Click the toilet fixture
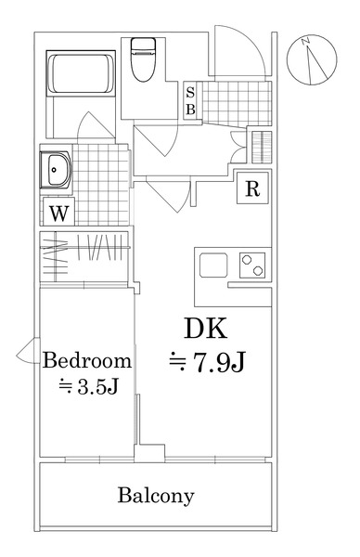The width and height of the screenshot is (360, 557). pyautogui.click(x=143, y=59)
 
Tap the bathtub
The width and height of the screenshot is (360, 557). pyautogui.click(x=81, y=73)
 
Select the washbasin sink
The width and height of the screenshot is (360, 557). pyautogui.click(x=57, y=170)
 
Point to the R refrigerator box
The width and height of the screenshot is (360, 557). pyautogui.click(x=252, y=188)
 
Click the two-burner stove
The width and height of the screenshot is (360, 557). pyautogui.click(x=252, y=265)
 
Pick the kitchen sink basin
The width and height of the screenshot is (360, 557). pyautogui.click(x=213, y=265)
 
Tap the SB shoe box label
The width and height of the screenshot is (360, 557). pyautogui.click(x=190, y=101)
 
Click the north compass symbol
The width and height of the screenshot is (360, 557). pyautogui.click(x=312, y=60)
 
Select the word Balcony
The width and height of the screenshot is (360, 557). pyautogui.click(x=156, y=496)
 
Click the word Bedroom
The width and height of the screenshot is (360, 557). pyautogui.click(x=87, y=360)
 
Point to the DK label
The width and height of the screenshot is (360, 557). pyautogui.click(x=205, y=329)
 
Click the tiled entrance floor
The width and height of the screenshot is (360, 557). pyautogui.click(x=236, y=103)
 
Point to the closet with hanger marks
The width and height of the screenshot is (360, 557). pyautogui.click(x=84, y=257)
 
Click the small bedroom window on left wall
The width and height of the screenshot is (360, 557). pyautogui.click(x=29, y=350)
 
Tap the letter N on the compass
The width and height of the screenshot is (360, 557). pyautogui.click(x=305, y=41)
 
